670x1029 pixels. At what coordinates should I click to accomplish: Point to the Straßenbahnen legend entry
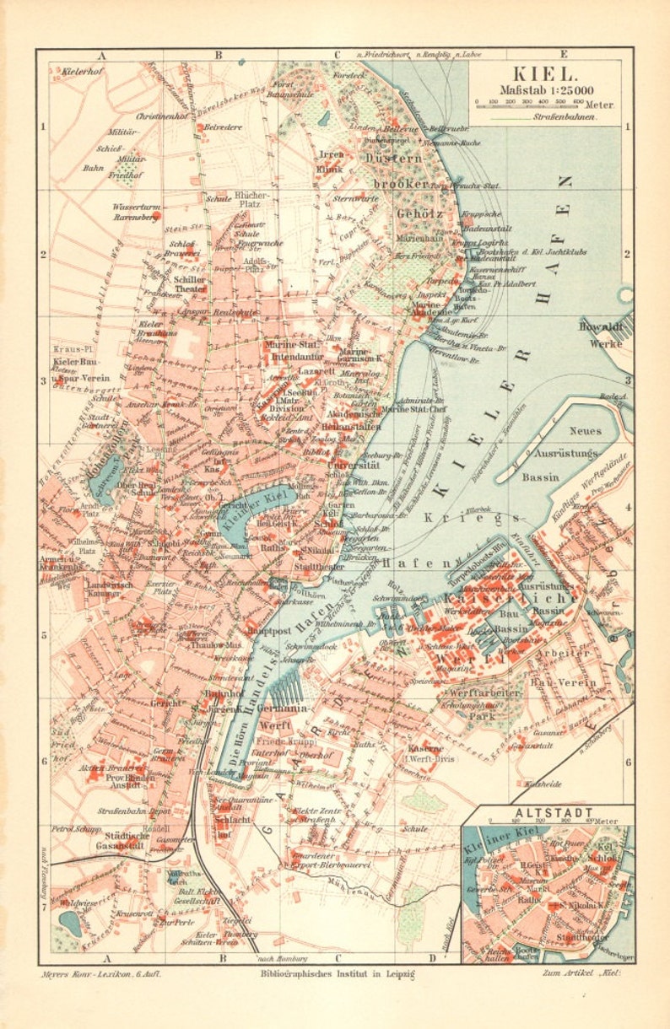571,118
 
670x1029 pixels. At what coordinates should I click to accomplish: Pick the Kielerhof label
82,72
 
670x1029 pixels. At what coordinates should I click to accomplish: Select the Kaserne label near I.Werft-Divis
423,748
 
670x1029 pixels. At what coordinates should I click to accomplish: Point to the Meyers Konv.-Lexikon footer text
100,973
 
